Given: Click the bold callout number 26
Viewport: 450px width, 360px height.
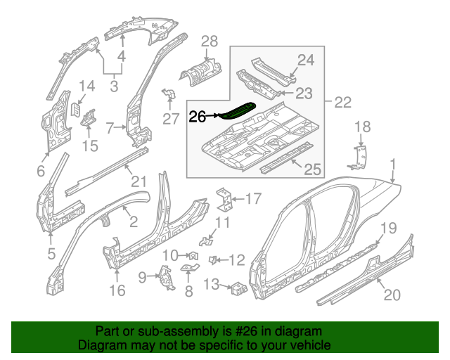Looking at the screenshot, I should click(198, 117).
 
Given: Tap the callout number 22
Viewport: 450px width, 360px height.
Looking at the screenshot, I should click(342, 102).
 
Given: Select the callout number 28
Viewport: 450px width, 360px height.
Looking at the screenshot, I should click(210, 41).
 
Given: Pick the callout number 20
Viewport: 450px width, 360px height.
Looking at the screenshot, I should click(392, 295).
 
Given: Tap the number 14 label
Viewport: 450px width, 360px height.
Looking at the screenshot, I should click(86, 86).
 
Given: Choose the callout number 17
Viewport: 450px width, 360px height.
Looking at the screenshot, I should click(252, 198).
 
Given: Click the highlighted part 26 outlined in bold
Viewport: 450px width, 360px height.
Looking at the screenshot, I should click(238, 110).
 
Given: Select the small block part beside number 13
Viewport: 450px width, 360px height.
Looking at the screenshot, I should click(238, 287).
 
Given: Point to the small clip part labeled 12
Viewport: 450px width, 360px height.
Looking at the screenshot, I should click(213, 260).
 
